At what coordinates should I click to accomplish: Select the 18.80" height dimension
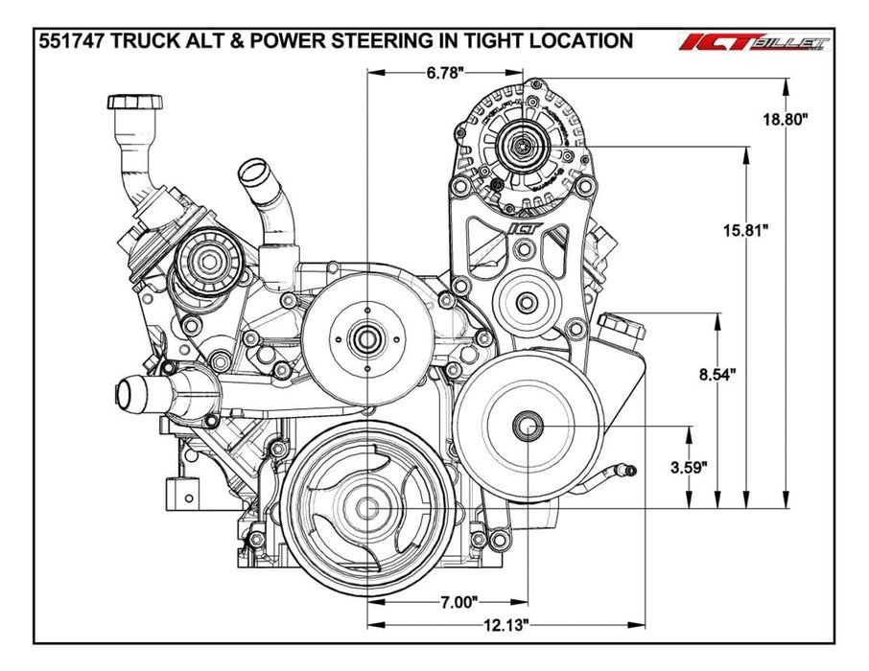786,119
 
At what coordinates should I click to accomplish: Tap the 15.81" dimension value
746,230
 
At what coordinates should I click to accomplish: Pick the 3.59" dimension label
689,468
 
